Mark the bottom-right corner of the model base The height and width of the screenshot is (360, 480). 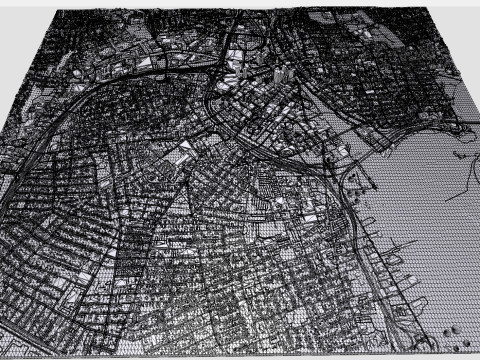(478, 352)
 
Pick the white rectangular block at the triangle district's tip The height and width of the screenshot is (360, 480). (186, 150)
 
